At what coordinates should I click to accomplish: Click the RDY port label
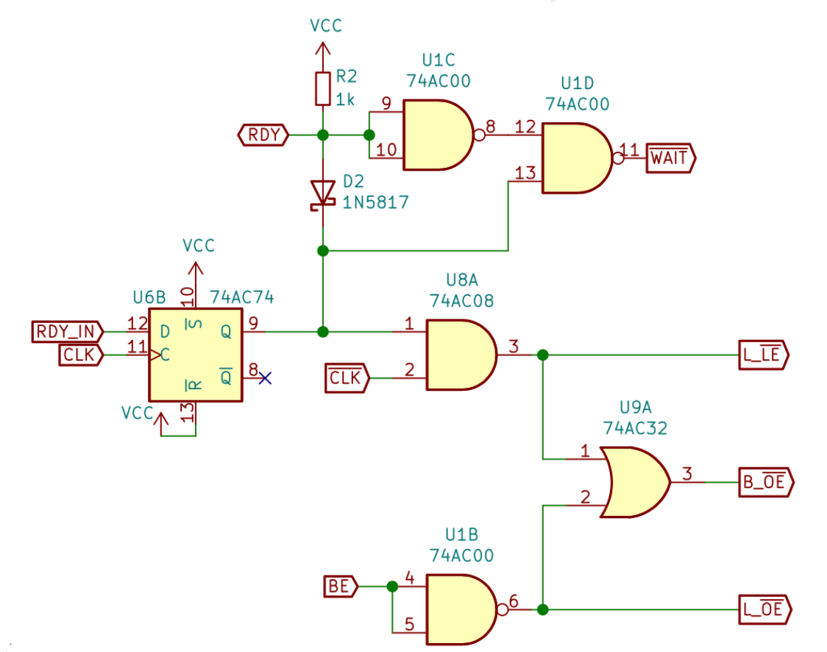(263, 135)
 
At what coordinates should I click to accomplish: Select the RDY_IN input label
(64, 331)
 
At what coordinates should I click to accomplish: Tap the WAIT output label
(670, 158)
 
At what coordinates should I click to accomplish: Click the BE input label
(339, 587)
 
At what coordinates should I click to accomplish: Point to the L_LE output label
(763, 355)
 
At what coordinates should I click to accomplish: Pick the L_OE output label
(764, 609)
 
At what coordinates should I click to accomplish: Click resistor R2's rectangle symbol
(322, 88)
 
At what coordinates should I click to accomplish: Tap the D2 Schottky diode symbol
(322, 195)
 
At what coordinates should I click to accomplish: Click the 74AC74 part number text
(242, 297)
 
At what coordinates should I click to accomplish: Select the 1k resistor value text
(346, 99)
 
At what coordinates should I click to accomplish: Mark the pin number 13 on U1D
(525, 174)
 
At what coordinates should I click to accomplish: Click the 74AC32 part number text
(635, 428)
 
